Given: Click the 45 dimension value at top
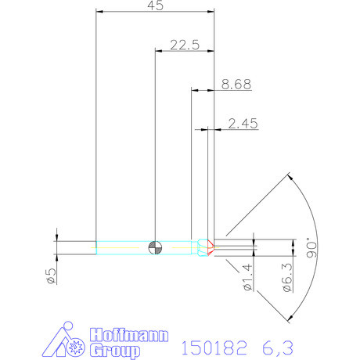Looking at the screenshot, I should pyautogui.click(x=154, y=6).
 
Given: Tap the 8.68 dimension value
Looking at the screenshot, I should pyautogui.click(x=236, y=85).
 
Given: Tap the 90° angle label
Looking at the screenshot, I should pyautogui.click(x=312, y=249).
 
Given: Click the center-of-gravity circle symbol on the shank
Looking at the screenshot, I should pyautogui.click(x=156, y=246).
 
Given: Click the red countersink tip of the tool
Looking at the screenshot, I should pyautogui.click(x=209, y=246).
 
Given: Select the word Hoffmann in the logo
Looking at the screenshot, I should pyautogui.click(x=129, y=334).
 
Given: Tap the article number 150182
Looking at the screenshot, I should pyautogui.click(x=214, y=345).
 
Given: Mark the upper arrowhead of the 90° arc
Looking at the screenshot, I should pyautogui.click(x=289, y=177).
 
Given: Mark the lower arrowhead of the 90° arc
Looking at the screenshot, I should pyautogui.click(x=289, y=317).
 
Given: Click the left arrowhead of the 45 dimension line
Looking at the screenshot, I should pyautogui.click(x=99, y=11).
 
